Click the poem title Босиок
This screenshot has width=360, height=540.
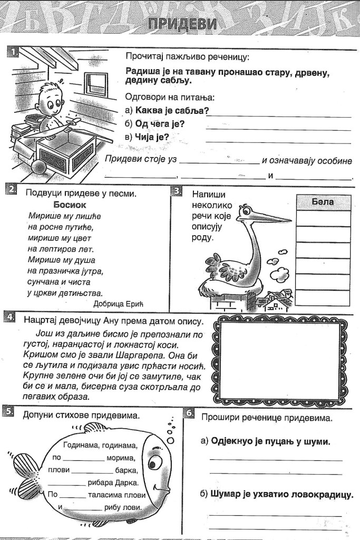[x=70, y=205]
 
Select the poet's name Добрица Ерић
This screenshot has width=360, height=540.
[x=118, y=303]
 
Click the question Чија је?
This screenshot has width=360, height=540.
[x=152, y=137]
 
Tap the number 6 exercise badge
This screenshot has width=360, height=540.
[x=190, y=413]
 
